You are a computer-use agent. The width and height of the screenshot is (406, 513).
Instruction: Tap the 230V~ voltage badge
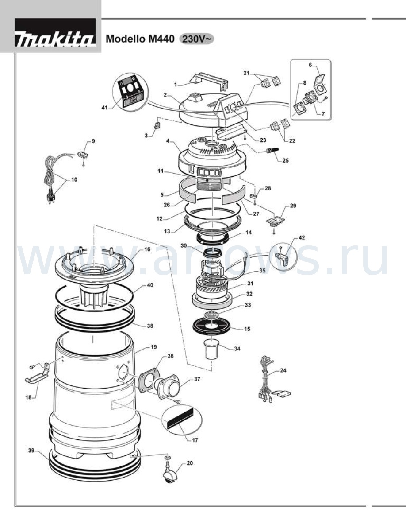[x=197, y=39]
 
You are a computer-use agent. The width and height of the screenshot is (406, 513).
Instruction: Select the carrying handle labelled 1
[x=209, y=81]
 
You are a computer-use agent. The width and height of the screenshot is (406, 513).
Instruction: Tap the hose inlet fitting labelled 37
[x=169, y=387]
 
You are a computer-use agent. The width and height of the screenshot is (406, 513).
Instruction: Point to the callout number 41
[x=104, y=107]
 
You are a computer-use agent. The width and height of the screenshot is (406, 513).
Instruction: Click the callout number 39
[x=31, y=451]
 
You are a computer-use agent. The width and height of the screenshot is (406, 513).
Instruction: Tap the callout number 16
[x=147, y=249]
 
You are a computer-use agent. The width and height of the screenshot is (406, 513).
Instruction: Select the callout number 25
[x=285, y=161]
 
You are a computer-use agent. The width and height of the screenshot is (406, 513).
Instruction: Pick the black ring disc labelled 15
[x=212, y=327]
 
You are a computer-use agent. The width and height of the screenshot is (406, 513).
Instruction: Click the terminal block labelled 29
[x=276, y=222]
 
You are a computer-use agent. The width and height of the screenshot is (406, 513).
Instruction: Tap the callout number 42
[x=302, y=237]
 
